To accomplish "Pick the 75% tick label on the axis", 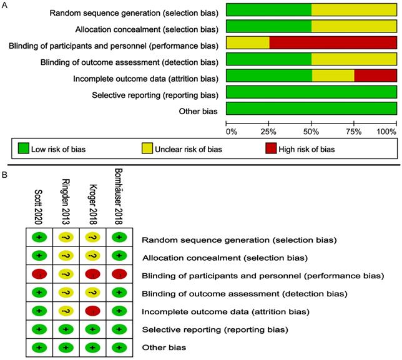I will tap(355, 132).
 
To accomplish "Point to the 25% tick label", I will tap(270, 132).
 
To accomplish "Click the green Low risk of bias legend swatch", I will tap(24, 149).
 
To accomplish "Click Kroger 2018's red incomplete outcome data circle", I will tap(92, 311).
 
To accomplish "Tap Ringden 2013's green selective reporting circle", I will tap(66, 329).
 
